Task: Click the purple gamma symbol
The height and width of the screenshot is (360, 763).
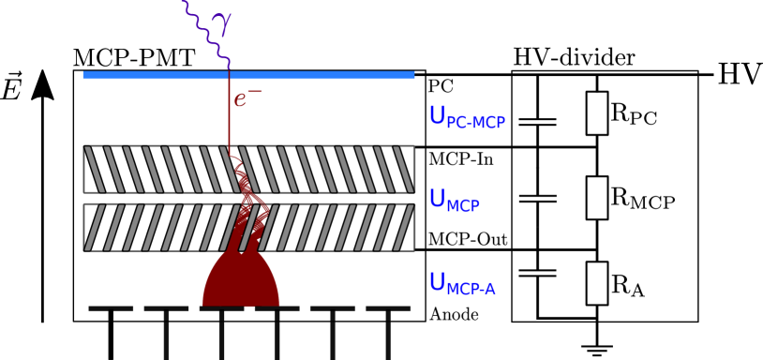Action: [221, 22]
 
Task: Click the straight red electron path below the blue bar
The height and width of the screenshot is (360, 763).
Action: [230, 122]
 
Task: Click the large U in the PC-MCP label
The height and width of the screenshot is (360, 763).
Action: [437, 115]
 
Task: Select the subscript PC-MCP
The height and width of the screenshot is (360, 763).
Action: [476, 123]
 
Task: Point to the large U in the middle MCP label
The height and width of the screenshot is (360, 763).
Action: [437, 199]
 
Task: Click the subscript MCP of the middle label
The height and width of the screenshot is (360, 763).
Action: [463, 206]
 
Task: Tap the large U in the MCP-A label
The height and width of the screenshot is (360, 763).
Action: [437, 281]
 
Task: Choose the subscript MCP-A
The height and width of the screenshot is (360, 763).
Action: [471, 289]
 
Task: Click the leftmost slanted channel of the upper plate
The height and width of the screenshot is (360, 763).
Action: [94, 169]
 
